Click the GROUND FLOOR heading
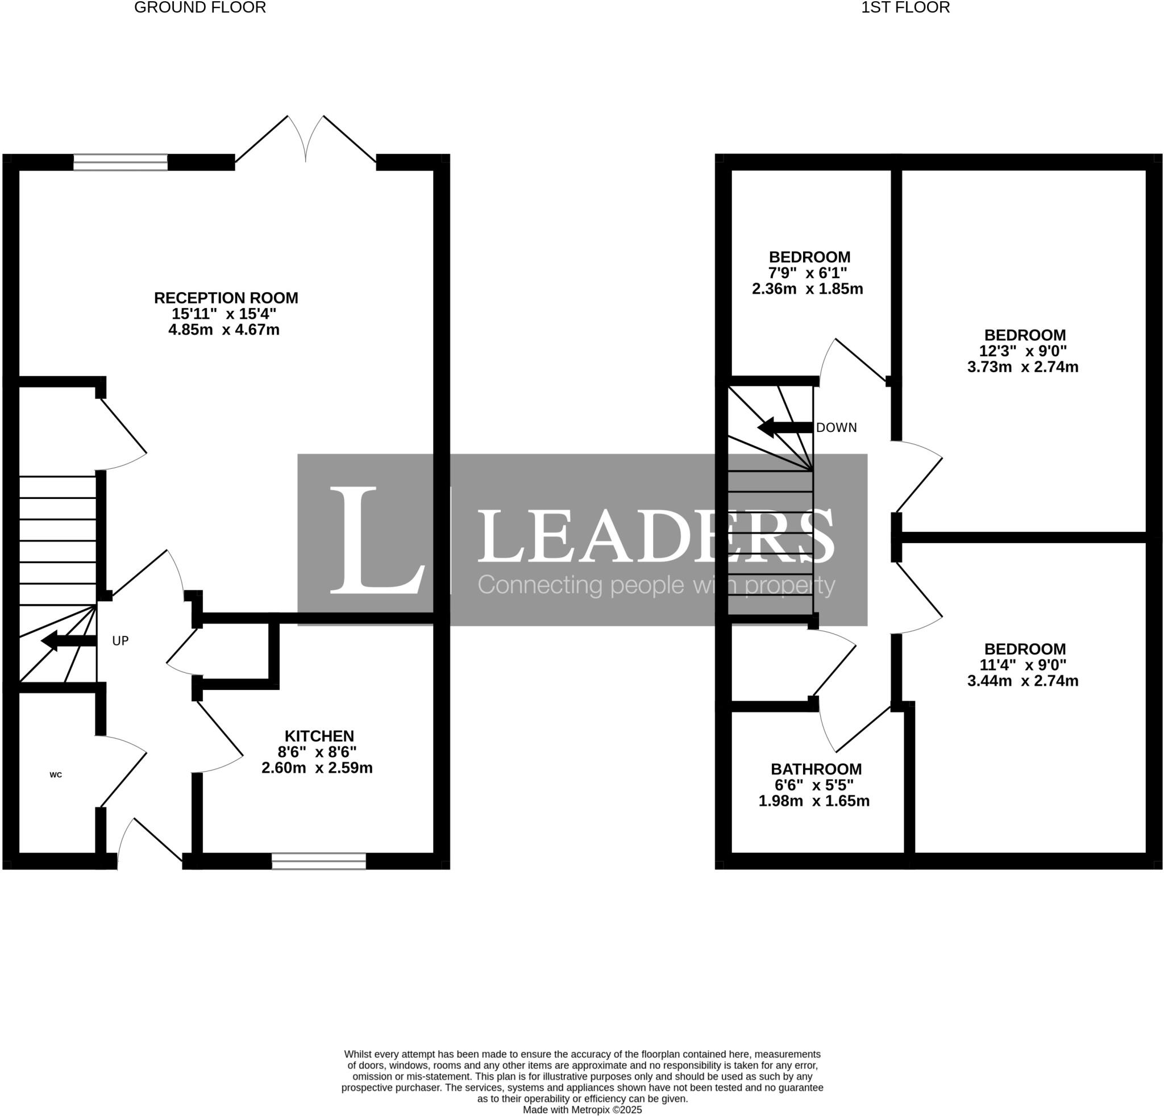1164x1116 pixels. coord(199,8)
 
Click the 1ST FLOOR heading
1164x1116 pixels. coord(905,8)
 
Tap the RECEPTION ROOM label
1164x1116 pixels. coord(226,298)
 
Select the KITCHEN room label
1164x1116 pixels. coord(319,736)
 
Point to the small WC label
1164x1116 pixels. coord(56,774)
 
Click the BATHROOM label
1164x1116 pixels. coord(816,769)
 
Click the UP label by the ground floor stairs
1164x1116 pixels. coord(120,641)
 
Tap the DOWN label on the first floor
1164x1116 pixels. coord(836,428)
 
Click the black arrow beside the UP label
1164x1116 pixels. coord(68,641)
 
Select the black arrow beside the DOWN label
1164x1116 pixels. coord(784,427)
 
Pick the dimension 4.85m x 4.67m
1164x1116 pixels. coord(224,330)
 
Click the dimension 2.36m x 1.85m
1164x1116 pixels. coord(807,289)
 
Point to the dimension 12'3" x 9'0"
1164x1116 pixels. coord(1022,351)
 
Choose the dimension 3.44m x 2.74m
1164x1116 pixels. coord(1022,681)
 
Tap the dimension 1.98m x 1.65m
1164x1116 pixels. coord(814,801)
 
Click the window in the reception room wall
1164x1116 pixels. coord(120,162)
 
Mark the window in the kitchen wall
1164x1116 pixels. coord(319,861)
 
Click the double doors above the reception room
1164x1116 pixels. coord(306,140)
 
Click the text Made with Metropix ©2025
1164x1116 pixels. coord(582,1110)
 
